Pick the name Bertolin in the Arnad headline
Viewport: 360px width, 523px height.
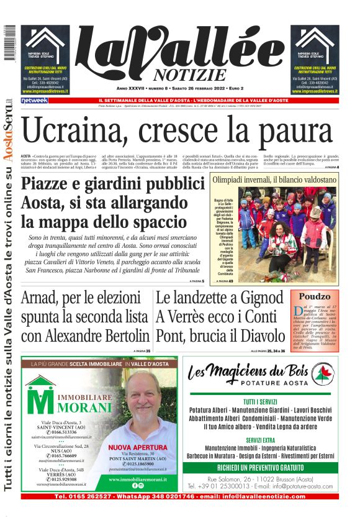(x=118, y=336)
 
